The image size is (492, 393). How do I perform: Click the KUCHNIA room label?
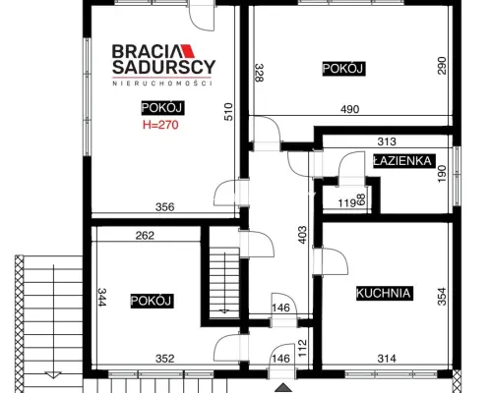click(x=385, y=293)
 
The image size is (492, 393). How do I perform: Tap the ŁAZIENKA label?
click(x=402, y=161)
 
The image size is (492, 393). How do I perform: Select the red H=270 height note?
click(x=160, y=125)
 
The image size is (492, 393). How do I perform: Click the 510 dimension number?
click(x=228, y=112)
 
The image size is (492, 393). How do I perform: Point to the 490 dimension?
click(x=349, y=109)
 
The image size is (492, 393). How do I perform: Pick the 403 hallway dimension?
click(x=302, y=235)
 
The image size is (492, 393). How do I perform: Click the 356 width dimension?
click(x=164, y=207)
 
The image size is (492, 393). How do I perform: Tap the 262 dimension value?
click(x=145, y=236)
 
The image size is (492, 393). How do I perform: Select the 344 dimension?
click(x=102, y=297)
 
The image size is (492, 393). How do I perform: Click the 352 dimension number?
click(x=164, y=359)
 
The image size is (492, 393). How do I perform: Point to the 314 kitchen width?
click(x=387, y=359)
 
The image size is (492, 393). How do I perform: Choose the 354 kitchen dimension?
click(x=442, y=297)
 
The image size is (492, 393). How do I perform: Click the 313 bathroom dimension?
click(x=387, y=141)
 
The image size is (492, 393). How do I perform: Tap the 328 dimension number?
click(x=259, y=73)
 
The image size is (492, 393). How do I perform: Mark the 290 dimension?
click(x=442, y=66)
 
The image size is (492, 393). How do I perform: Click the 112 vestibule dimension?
click(x=302, y=348)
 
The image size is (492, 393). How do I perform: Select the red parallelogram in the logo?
click(x=187, y=51)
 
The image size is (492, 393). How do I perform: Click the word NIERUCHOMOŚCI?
click(x=162, y=84)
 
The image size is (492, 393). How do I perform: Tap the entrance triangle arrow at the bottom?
click(x=283, y=388)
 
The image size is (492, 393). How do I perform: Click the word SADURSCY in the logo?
click(x=163, y=67)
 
